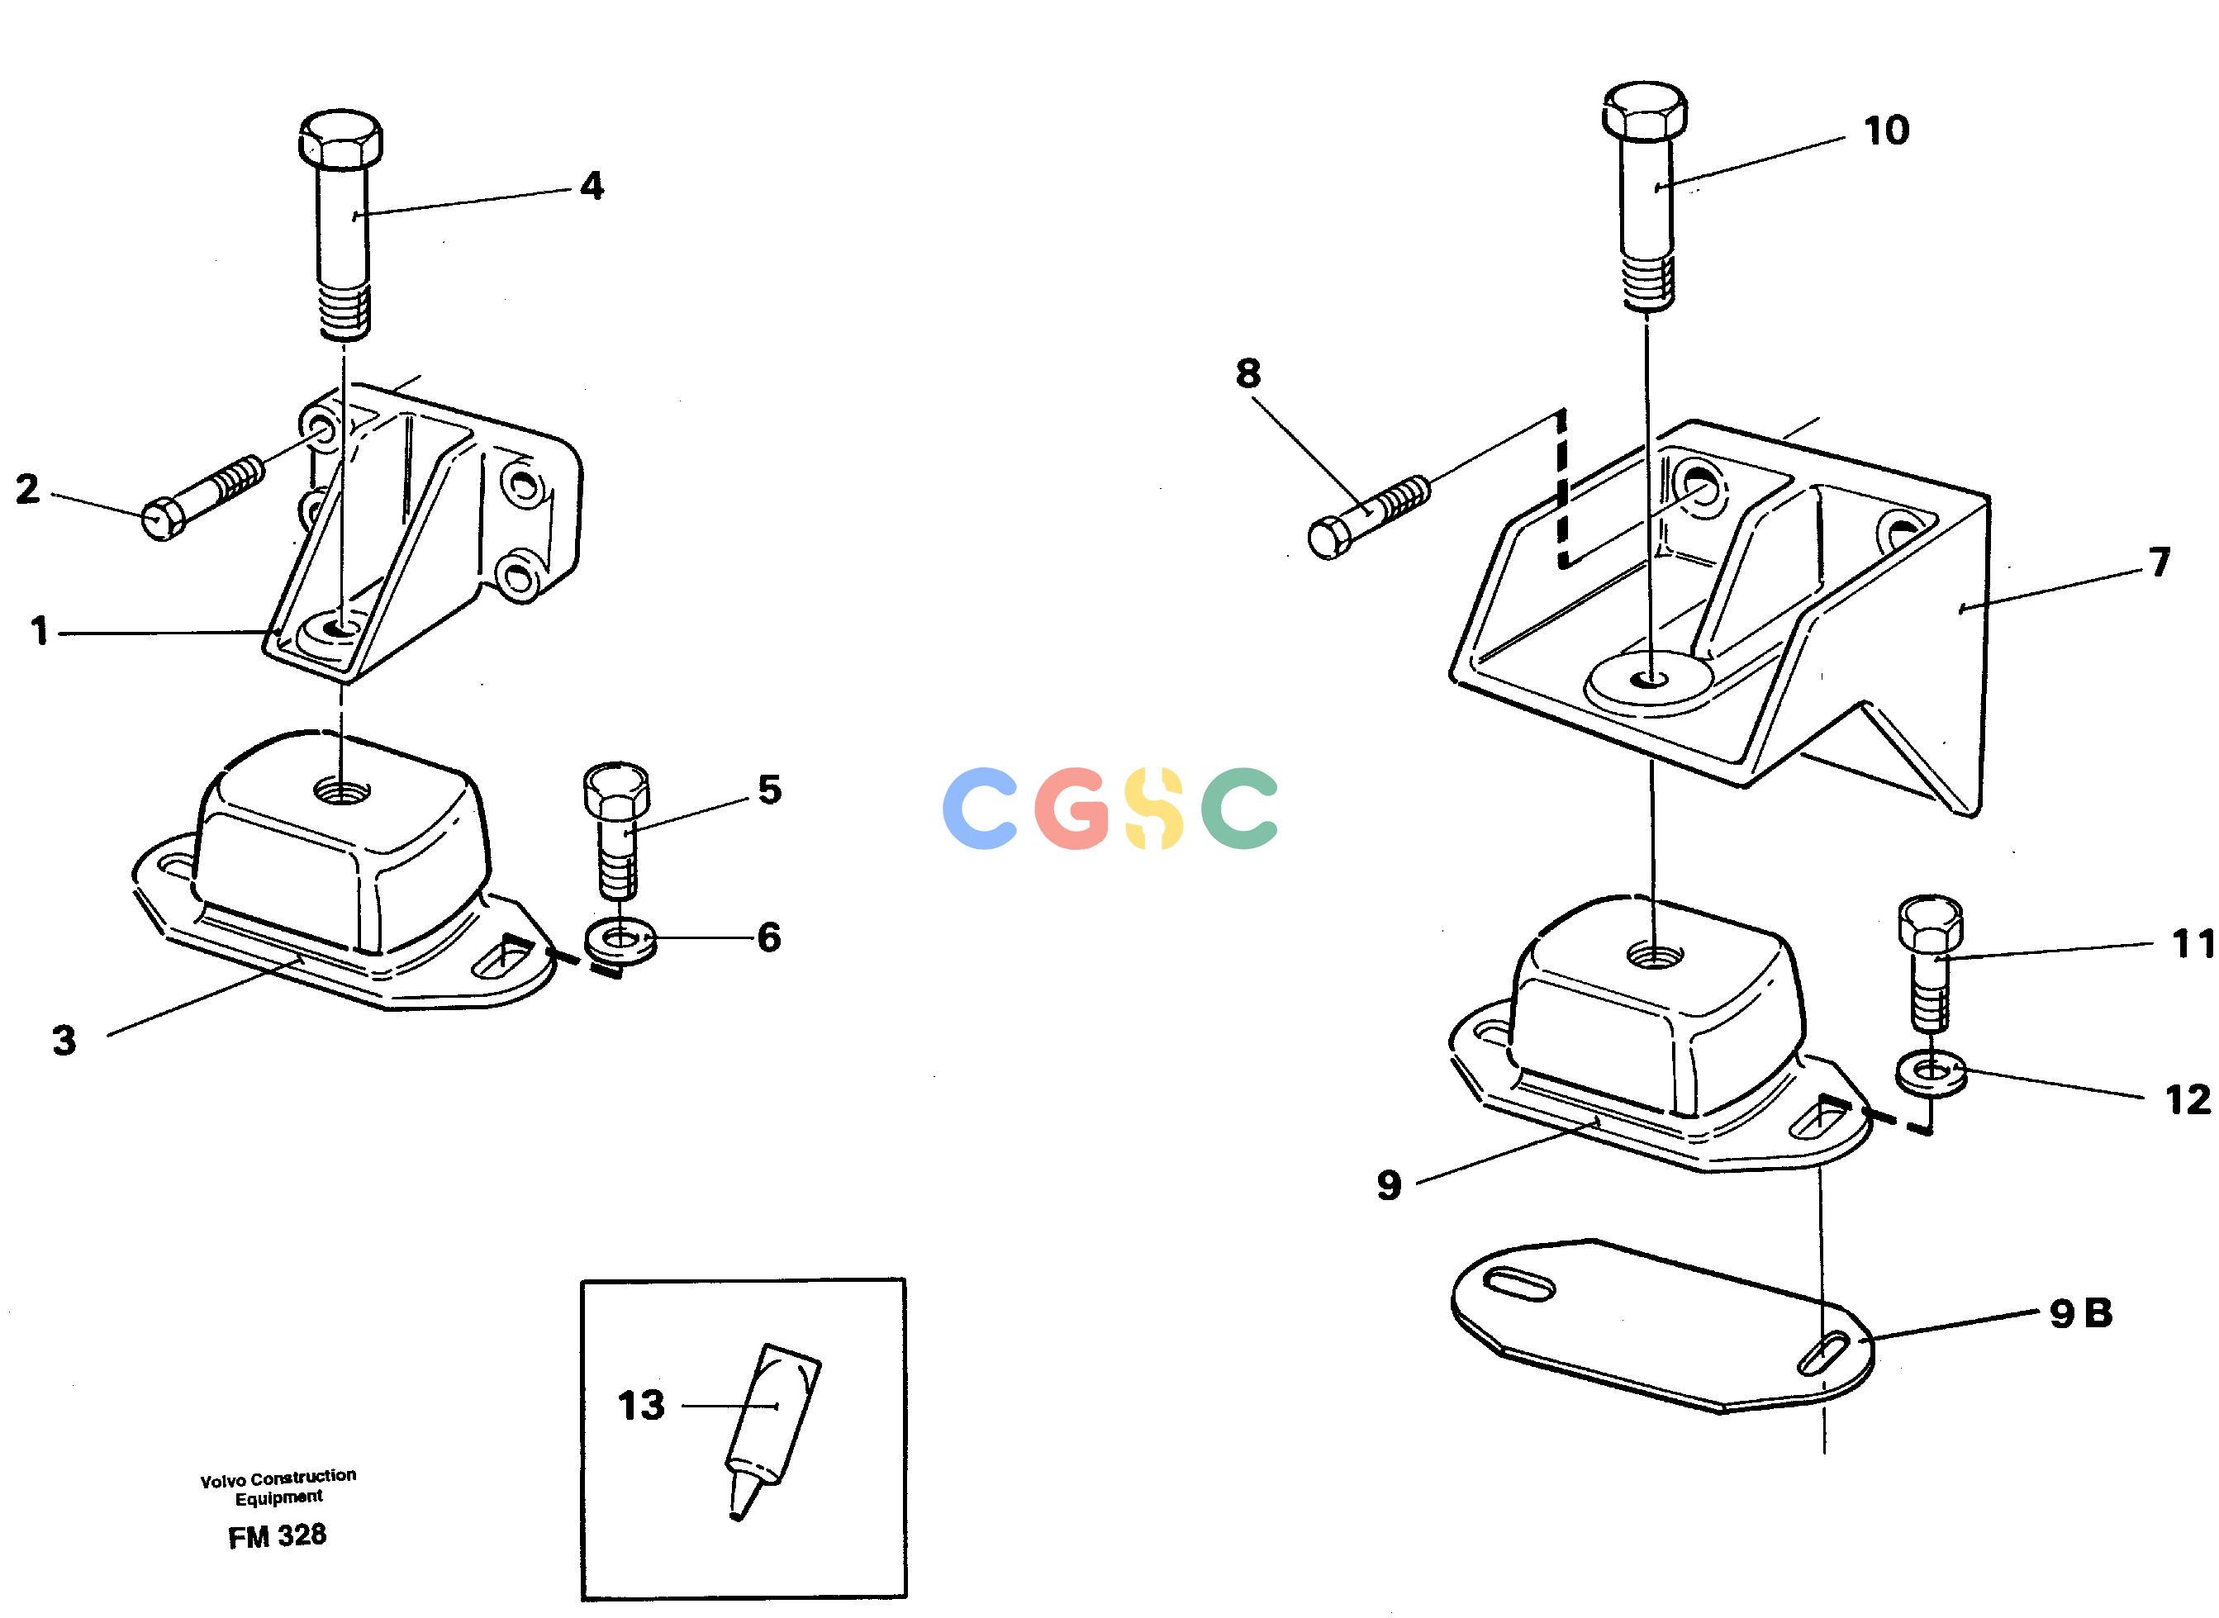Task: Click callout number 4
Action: tap(591, 186)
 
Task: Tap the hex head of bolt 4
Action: tap(339, 139)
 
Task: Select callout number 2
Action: tap(27, 489)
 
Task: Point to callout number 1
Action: tap(39, 632)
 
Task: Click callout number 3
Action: tap(64, 1040)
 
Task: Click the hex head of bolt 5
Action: tap(615, 792)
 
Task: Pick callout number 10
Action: tap(1886, 130)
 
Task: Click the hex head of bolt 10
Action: tap(1645, 112)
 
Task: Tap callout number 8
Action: tap(1247, 373)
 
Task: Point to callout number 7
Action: tap(2160, 562)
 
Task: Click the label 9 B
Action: tap(2081, 1313)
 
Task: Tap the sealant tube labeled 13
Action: tap(772, 1432)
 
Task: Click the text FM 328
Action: tap(278, 1535)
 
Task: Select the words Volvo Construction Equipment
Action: tap(278, 1487)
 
